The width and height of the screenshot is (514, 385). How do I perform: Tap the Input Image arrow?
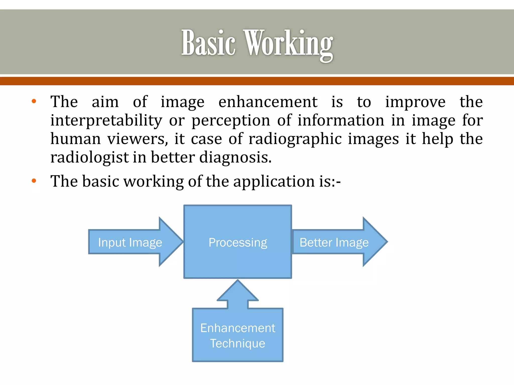(x=131, y=242)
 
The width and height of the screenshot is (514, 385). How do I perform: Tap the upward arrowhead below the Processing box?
(x=238, y=292)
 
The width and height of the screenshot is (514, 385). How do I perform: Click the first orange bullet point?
(x=34, y=102)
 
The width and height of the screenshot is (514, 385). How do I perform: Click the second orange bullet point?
(x=34, y=181)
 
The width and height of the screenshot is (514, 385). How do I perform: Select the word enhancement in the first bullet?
(x=268, y=102)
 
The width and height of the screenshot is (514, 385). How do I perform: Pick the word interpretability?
(x=106, y=121)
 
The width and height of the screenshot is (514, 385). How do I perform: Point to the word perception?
(x=231, y=121)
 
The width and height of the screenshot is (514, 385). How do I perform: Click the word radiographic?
(x=295, y=139)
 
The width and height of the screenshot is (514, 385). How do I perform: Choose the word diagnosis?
(x=235, y=158)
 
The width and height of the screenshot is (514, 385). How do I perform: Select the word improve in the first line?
(x=415, y=103)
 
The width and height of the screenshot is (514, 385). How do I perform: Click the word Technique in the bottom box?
(x=238, y=343)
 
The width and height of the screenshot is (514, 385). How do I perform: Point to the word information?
(x=341, y=121)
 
